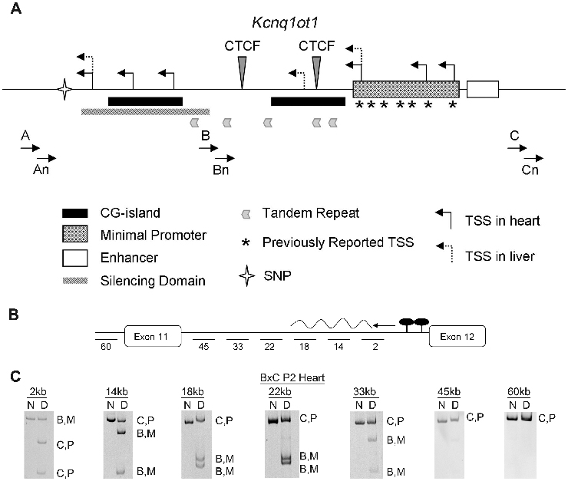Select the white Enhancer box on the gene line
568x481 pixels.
click(x=483, y=89)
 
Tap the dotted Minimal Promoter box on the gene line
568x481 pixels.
click(x=405, y=89)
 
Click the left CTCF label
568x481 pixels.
click(x=242, y=47)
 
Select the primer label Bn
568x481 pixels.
click(x=220, y=170)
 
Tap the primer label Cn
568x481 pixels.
click(x=530, y=170)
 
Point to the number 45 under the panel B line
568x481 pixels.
click(x=203, y=347)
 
